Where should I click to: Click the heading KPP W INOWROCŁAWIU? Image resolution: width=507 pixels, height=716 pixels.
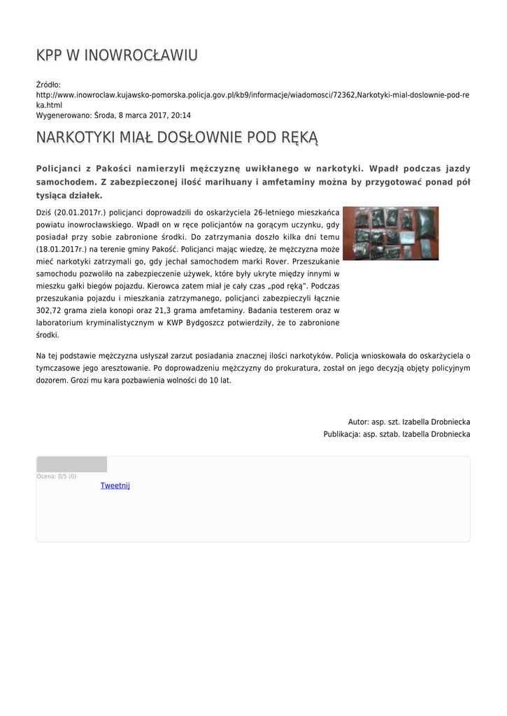point(117,55)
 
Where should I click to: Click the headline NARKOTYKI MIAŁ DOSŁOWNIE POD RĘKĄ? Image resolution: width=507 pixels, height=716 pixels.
point(177,137)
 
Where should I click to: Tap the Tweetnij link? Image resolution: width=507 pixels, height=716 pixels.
point(115,486)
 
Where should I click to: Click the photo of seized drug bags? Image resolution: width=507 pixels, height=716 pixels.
point(390,234)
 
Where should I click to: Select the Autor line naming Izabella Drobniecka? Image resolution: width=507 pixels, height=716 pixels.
point(409,422)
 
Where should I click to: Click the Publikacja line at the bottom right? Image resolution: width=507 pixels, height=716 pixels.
point(397,434)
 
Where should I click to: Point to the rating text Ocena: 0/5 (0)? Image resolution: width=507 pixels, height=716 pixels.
point(57,477)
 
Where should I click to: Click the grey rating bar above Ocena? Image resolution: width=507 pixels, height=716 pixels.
point(71,464)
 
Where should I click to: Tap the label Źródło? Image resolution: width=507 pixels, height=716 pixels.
point(48,85)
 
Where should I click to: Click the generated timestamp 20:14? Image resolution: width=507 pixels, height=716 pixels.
point(180,115)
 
